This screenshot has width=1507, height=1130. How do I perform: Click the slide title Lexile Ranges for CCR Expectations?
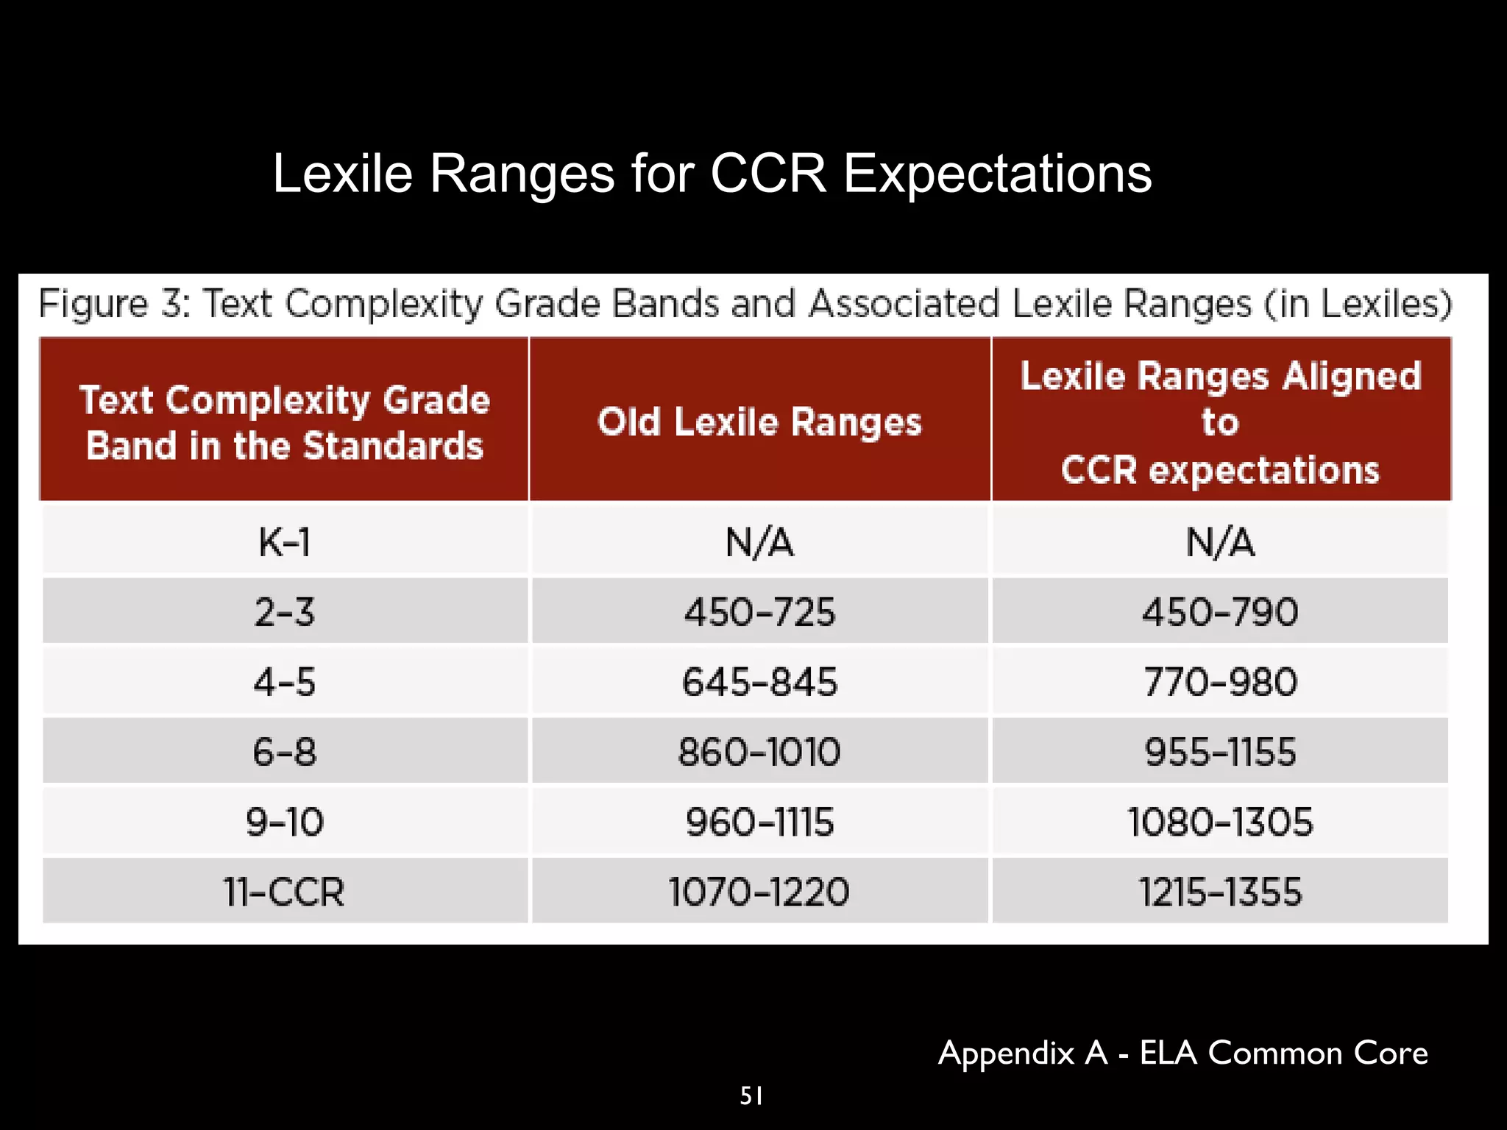712,174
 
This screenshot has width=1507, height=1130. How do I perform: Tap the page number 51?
751,1096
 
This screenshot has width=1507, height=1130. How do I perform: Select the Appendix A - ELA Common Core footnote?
1182,1053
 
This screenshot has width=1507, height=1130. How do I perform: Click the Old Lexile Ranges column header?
759,422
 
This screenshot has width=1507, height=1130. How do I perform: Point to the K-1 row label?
285,543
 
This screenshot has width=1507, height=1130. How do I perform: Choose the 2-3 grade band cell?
285,612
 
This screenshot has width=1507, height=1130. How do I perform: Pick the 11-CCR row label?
285,892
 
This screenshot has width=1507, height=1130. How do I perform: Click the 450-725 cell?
759,612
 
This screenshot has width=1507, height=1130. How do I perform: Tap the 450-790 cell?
1220,612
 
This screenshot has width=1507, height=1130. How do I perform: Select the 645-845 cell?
759,682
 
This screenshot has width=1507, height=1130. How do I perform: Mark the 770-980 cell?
1220,682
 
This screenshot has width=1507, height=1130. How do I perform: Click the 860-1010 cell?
759,752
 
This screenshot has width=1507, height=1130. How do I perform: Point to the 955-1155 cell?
1220,752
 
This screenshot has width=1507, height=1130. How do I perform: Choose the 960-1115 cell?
759,822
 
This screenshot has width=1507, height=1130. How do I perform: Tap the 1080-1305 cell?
1220,822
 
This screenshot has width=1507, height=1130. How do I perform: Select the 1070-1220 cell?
759,892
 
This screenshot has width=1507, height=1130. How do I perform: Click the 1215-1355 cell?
1220,892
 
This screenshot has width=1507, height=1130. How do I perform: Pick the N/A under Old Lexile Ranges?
759,543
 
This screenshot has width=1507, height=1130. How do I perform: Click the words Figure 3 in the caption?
114,305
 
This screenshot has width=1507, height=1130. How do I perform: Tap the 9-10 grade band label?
285,822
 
